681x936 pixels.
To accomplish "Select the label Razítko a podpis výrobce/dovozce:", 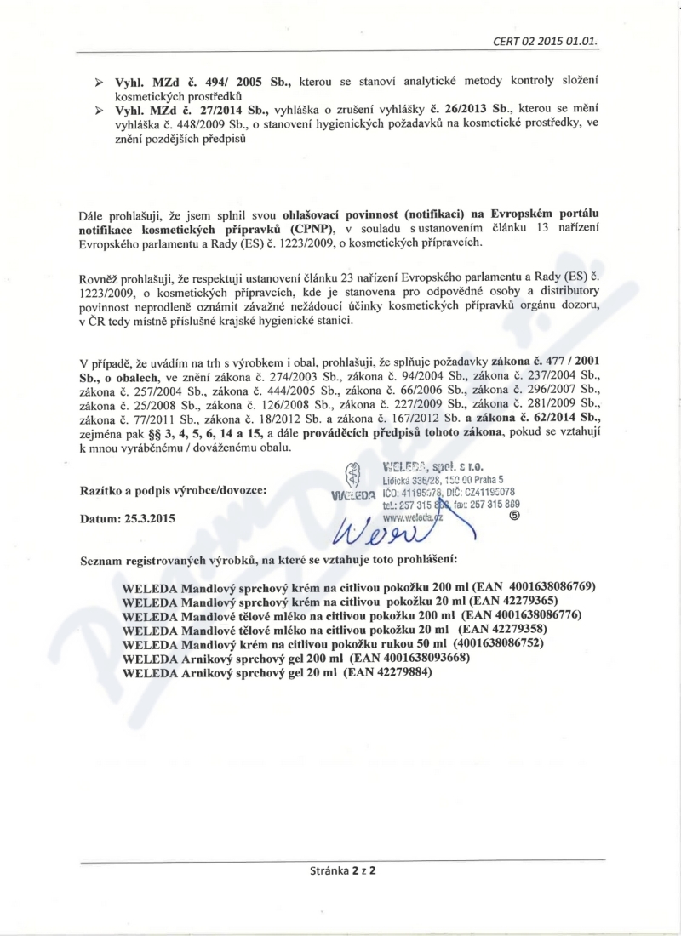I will point(172,491).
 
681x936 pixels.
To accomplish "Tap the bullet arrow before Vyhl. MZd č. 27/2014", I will point(99,111).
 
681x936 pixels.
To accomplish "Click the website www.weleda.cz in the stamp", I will point(415,516).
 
